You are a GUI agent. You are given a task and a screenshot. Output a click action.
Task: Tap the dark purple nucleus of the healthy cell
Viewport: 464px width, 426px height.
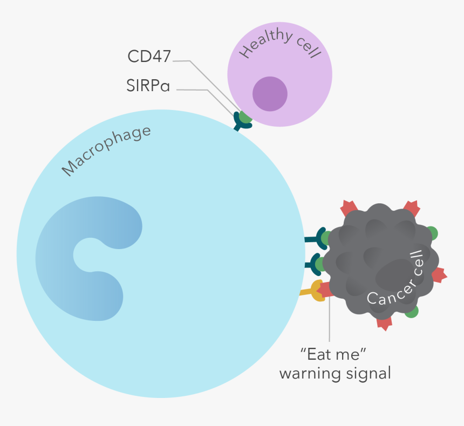(x=270, y=93)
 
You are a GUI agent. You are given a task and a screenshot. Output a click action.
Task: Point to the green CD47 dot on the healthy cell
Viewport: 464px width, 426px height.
(x=246, y=116)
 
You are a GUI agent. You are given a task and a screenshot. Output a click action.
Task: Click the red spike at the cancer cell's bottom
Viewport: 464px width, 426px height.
(x=384, y=322)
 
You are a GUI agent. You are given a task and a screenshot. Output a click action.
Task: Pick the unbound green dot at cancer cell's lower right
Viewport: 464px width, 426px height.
(x=412, y=311)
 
